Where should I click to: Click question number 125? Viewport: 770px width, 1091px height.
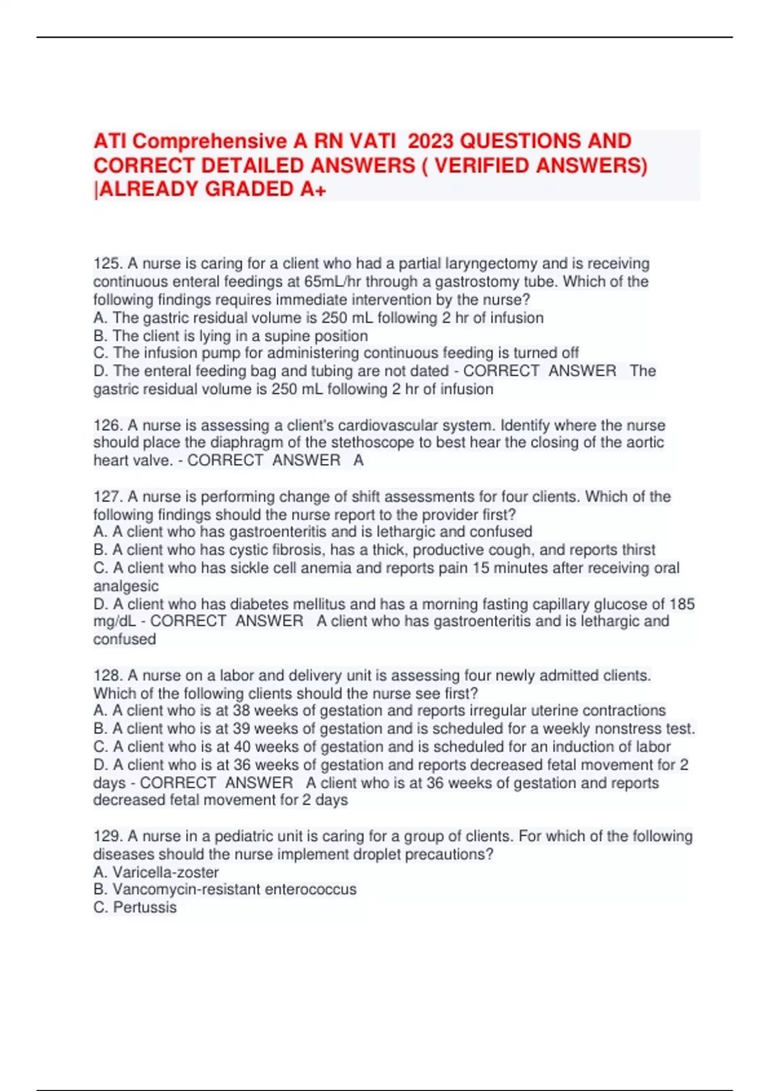(x=107, y=264)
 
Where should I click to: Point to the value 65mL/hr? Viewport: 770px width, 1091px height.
(x=327, y=282)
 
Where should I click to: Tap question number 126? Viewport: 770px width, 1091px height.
(x=107, y=425)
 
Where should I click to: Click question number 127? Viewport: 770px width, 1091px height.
(x=107, y=497)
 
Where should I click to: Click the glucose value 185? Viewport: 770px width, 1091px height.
(x=681, y=604)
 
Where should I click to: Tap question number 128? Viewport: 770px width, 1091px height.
(x=107, y=676)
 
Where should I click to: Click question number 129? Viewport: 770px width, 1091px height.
(x=107, y=836)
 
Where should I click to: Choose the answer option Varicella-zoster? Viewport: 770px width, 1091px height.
(x=166, y=872)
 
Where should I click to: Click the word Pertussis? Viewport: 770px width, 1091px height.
(x=144, y=907)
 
